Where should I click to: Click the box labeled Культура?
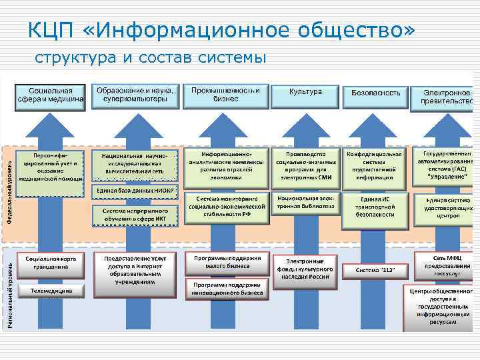306,91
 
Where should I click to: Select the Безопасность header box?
375,93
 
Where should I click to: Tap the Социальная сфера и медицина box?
50,96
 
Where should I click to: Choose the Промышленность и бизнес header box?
225,94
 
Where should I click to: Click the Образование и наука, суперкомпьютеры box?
135,94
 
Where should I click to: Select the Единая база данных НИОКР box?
135,191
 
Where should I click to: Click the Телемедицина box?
51,291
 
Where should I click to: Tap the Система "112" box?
375,270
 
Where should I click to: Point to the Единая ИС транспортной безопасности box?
375,207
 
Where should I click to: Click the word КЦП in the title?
49,30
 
